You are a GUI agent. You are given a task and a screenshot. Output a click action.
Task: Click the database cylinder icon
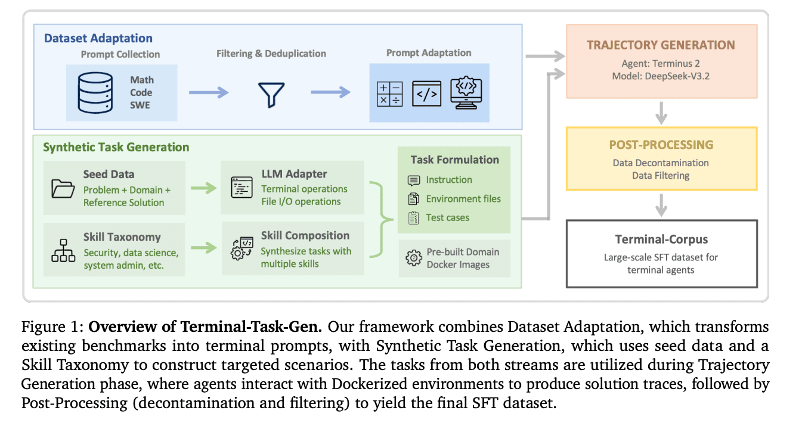[95, 93]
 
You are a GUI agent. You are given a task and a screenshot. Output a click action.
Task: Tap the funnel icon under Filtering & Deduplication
[271, 94]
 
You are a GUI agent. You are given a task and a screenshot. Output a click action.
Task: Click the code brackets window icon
[426, 94]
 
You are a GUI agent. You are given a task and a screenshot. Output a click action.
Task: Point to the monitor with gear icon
[466, 93]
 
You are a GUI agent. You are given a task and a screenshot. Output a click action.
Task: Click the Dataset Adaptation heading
[98, 38]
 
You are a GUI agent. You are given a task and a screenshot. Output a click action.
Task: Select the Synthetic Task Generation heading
[116, 147]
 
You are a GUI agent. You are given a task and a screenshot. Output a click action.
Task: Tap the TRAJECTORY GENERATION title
[661, 45]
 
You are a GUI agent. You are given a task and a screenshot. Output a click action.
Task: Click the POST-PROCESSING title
[661, 145]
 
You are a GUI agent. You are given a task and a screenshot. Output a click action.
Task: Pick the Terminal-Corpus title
[661, 240]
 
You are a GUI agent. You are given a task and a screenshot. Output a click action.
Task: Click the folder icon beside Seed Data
[62, 188]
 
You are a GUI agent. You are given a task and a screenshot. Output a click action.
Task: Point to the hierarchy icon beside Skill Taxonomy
[63, 251]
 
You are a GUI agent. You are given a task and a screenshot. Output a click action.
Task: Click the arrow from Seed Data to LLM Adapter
[203, 188]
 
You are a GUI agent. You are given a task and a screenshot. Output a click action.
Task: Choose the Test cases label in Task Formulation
[447, 217]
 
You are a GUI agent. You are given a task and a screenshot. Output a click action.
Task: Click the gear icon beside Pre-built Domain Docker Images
[413, 258]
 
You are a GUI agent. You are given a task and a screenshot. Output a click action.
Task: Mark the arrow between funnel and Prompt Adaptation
[330, 92]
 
